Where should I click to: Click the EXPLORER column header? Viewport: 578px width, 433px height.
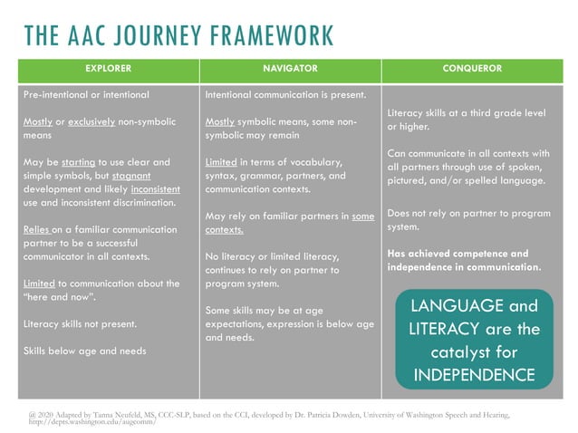pos(108,69)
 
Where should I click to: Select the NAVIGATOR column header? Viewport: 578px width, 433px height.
pos(289,69)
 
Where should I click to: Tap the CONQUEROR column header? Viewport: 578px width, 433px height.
pos(472,69)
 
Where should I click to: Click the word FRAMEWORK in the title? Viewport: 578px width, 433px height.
pos(272,35)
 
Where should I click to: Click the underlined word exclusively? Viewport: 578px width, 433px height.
pos(96,121)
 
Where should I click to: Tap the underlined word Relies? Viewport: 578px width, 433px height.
pos(36,230)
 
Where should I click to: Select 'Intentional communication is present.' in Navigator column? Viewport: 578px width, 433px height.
pos(284,94)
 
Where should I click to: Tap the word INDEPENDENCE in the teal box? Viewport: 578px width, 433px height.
pos(475,373)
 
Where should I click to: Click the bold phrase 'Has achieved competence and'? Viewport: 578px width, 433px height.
pos(458,254)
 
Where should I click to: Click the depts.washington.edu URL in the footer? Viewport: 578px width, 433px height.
pos(87,422)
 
